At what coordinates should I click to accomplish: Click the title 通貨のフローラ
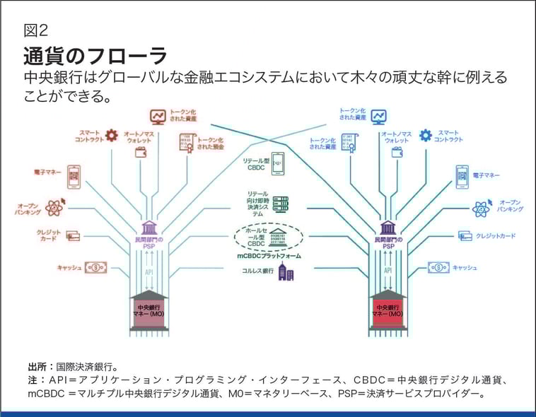[95, 55]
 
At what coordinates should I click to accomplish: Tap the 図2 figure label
[35, 30]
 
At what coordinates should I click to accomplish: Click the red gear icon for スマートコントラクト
[111, 135]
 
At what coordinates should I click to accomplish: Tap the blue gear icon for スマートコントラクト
[425, 135]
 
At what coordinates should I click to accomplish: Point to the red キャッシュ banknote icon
[95, 268]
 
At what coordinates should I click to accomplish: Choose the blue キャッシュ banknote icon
[438, 268]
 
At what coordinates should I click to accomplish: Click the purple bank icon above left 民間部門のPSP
[149, 228]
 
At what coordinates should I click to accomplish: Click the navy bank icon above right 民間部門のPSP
[388, 228]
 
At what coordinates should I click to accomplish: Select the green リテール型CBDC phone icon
[277, 165]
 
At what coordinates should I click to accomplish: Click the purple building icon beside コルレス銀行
[286, 272]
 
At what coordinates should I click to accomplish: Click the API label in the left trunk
[149, 271]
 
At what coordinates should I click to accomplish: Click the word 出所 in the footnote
[37, 367]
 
